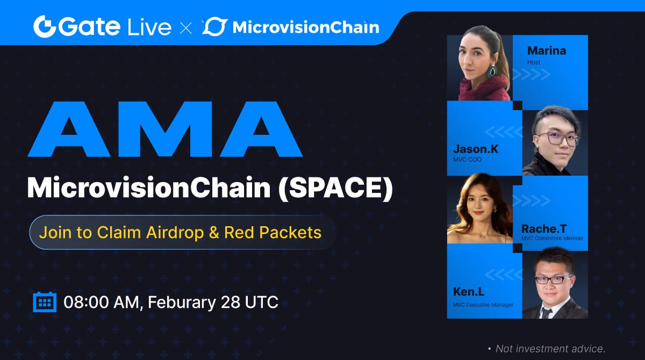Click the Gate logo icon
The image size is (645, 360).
[45, 26]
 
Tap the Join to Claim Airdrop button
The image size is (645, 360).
[181, 233]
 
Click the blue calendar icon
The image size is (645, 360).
[45, 302]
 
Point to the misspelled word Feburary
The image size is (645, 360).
[181, 302]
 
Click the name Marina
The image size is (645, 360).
[546, 51]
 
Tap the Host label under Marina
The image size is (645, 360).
[534, 63]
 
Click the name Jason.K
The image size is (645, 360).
[475, 149]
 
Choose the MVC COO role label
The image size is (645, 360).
[467, 160]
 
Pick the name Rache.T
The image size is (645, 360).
[543, 229]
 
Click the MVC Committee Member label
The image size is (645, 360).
[552, 239]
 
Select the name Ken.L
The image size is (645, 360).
[469, 292]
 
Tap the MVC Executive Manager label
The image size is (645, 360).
[483, 305]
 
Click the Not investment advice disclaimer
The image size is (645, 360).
[550, 349]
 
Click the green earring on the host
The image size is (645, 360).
[492, 70]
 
